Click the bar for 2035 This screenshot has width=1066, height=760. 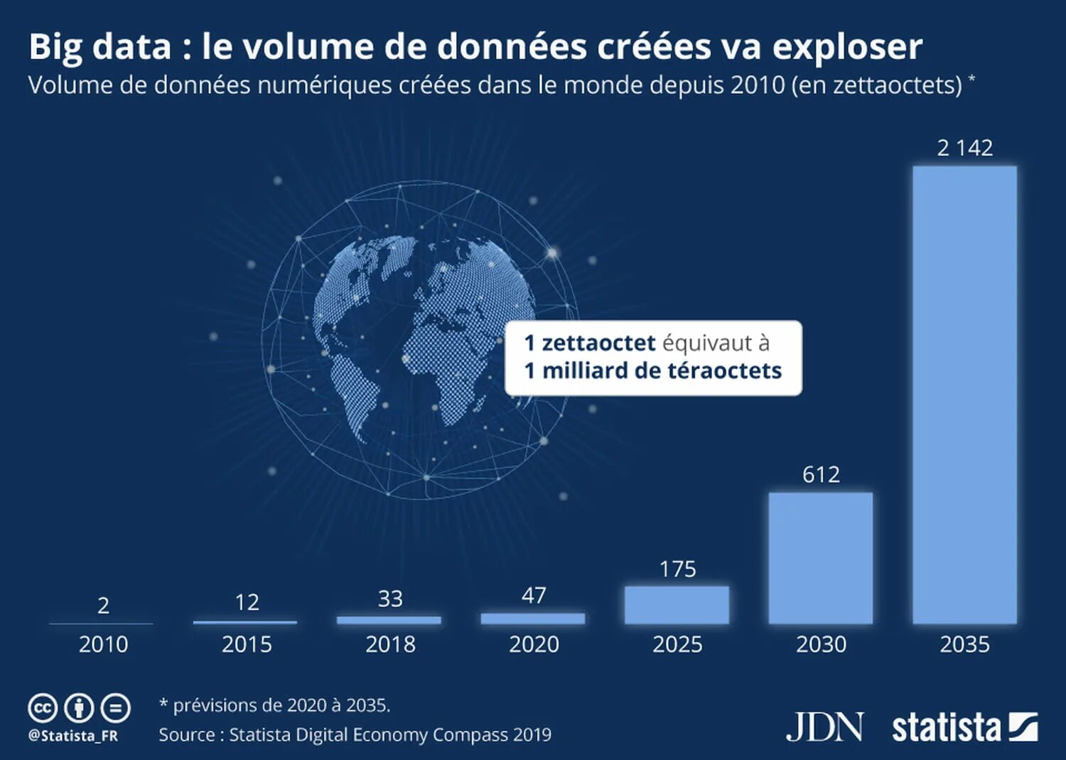pos(964,395)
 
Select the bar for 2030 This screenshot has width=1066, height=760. pos(821,558)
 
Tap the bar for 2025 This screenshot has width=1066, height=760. pos(677,605)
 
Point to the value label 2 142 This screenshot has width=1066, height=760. pos(964,148)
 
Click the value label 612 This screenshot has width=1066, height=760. pos(821,474)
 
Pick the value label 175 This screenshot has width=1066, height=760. pos(677,569)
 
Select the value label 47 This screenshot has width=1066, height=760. pos(534,595)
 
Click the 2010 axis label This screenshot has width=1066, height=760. pos(103,644)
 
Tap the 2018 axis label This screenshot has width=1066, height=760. pos(390,644)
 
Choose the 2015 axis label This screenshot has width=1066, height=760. pos(247,644)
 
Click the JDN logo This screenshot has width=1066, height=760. pos(824,727)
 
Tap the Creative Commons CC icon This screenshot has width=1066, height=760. pos(43,708)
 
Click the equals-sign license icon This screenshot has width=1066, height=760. pos(115,708)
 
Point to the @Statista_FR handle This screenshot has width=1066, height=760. pos(72,736)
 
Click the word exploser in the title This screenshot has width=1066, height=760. pos(847,47)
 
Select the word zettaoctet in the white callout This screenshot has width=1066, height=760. pos(598,343)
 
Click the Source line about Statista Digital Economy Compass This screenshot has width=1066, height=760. pos(355,734)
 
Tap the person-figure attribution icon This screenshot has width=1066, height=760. pos(79,708)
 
